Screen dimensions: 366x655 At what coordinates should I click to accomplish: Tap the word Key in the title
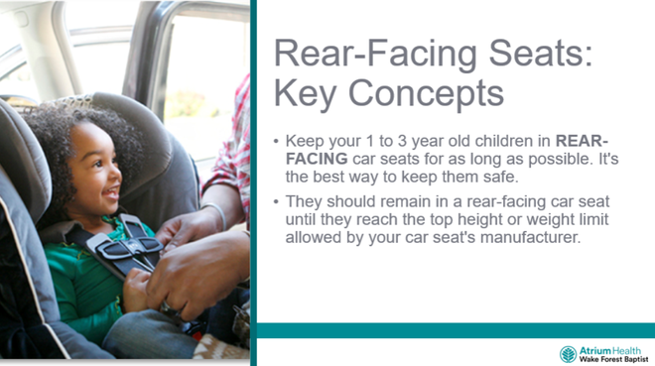point(309,96)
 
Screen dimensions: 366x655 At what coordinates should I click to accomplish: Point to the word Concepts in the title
point(428,96)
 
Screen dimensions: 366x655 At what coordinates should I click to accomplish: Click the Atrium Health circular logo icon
point(568,354)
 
